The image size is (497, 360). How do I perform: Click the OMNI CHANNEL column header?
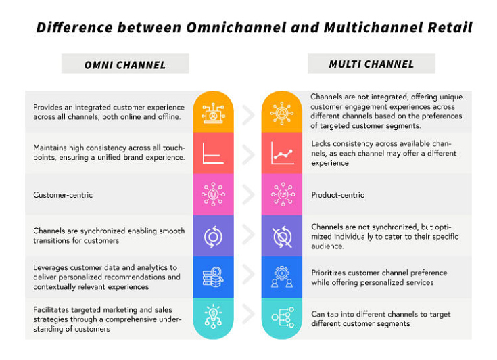pos(125,65)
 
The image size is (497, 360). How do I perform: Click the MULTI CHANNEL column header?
pos(371,64)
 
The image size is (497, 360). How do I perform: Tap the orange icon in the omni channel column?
pos(214,113)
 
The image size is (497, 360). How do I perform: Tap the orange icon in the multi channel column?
pos(282,113)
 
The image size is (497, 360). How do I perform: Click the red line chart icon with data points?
pos(282,154)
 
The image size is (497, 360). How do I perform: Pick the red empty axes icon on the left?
pos(214,154)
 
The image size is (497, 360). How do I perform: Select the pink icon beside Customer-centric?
pos(214,194)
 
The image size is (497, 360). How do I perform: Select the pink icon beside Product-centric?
pos(282,194)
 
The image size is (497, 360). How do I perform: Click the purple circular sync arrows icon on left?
pos(214,235)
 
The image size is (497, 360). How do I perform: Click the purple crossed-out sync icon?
pos(282,235)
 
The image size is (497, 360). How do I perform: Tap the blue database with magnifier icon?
pos(214,277)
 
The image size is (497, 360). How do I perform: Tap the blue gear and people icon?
pos(282,277)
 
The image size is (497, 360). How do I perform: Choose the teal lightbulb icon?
pos(214,318)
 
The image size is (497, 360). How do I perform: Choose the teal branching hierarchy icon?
pos(282,318)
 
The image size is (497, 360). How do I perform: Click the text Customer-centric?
pos(64,195)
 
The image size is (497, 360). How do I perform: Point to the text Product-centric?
pos(337,195)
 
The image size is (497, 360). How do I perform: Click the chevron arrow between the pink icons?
pos(248,195)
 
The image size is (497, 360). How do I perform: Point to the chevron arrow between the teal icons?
pos(248,318)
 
